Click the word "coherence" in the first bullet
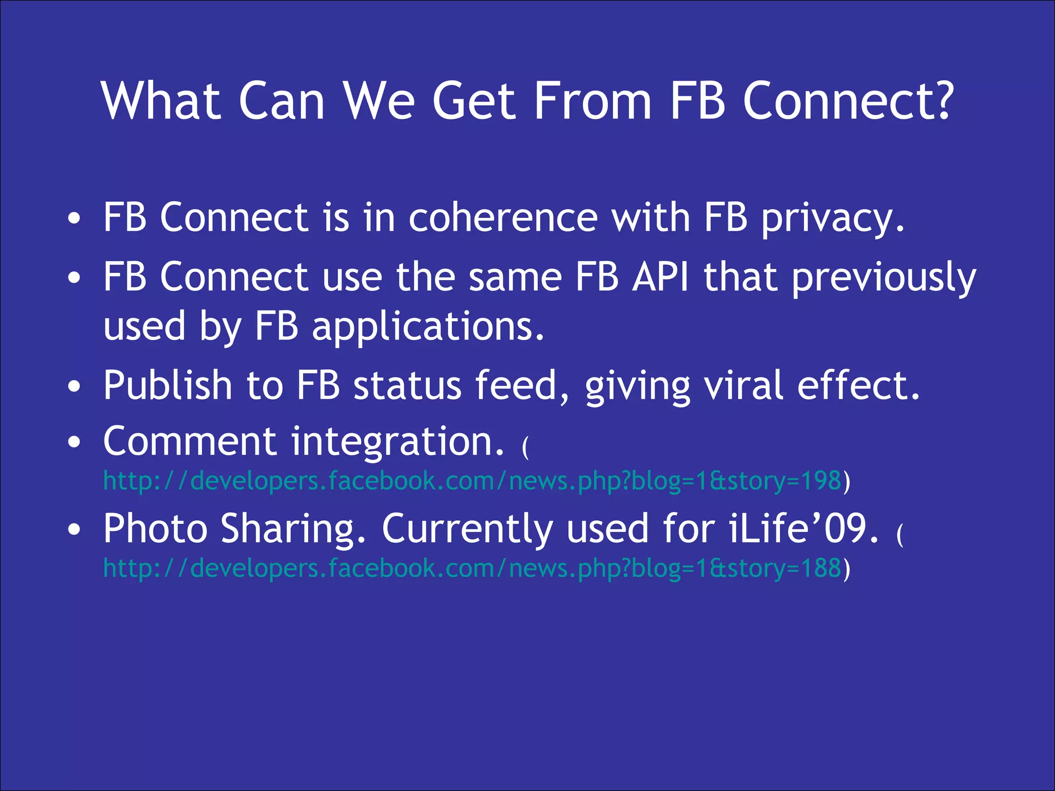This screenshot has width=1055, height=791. [x=503, y=218]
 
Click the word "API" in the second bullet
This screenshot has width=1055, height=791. [x=660, y=277]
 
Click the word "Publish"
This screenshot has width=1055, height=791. [x=168, y=385]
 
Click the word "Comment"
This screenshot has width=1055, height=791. [x=190, y=442]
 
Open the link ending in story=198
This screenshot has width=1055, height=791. [x=472, y=481]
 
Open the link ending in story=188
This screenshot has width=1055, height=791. [x=472, y=569]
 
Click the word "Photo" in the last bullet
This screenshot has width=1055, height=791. [x=155, y=529]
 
